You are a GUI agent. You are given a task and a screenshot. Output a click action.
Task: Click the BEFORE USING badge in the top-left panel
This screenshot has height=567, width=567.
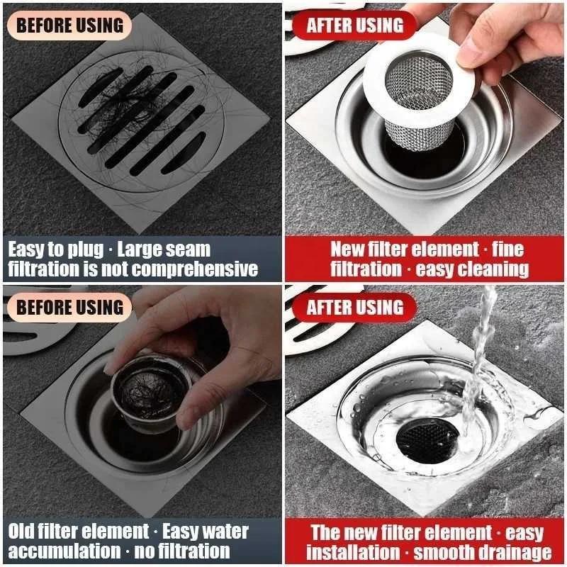pyautogui.click(x=69, y=26)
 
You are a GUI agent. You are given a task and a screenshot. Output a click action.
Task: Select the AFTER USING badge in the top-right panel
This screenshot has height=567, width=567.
pyautogui.click(x=354, y=26)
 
